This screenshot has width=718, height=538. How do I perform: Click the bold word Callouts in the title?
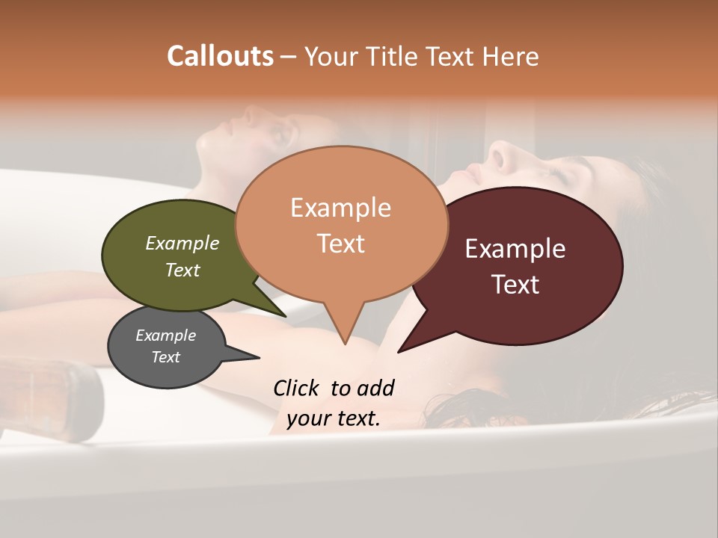click(x=220, y=56)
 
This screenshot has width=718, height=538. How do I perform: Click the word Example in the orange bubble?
click(x=340, y=208)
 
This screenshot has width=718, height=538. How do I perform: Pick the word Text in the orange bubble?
click(x=340, y=243)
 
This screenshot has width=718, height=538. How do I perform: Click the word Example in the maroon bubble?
click(x=515, y=249)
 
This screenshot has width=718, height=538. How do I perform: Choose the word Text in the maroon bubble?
click(x=515, y=285)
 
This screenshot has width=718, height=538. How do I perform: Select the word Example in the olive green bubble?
click(x=182, y=243)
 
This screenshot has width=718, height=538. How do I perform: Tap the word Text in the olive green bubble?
click(x=182, y=270)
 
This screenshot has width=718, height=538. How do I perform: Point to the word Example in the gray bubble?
click(x=165, y=336)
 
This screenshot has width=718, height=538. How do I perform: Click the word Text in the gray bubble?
click(x=165, y=357)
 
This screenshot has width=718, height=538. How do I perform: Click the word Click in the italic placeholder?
click(x=298, y=388)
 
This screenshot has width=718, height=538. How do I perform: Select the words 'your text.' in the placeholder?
click(x=334, y=418)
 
